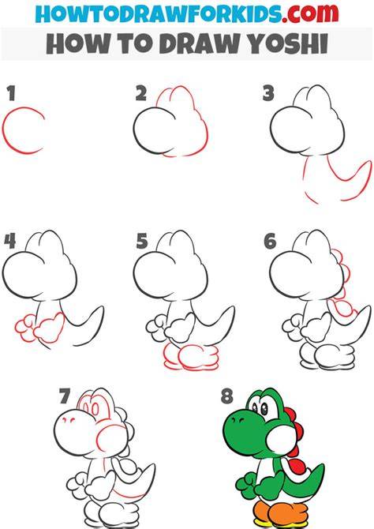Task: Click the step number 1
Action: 12,93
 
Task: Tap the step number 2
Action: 141,93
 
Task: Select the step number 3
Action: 268,93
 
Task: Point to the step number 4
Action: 10,241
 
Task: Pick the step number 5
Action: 142,241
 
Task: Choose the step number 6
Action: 270,241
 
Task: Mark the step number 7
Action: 65,396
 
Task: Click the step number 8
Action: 227,396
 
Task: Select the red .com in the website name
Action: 310,13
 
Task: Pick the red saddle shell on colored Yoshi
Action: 297,468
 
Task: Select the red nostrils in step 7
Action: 69,419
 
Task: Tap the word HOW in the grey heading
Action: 78,44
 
